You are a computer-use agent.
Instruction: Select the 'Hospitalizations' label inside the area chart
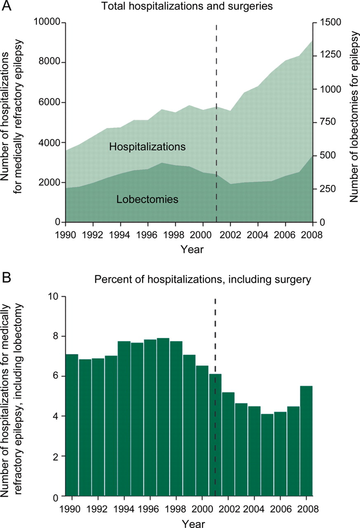[147, 146]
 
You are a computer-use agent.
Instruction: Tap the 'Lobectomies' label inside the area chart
[147, 200]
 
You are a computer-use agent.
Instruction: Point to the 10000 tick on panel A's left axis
[49, 23]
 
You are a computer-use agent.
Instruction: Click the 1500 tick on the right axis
[326, 23]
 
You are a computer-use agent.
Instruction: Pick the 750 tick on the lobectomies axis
[324, 123]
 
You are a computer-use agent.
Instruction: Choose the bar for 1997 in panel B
[163, 417]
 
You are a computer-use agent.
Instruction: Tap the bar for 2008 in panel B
[306, 441]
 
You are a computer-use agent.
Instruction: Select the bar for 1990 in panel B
[72, 425]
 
